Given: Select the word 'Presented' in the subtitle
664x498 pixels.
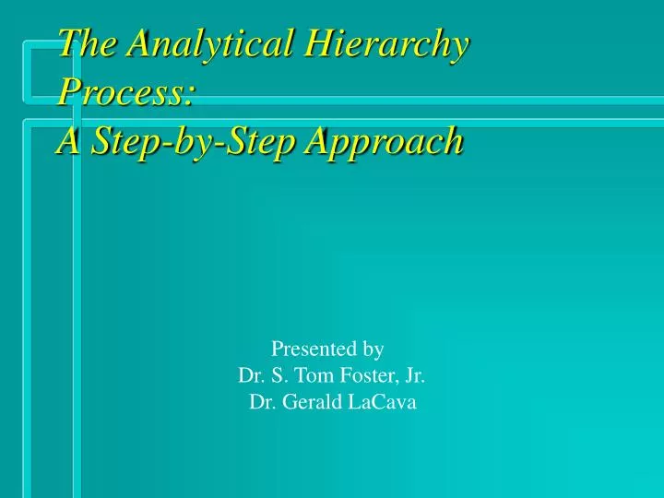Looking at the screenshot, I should click(313, 349).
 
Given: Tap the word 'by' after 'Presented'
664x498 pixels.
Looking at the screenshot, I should click(373, 350).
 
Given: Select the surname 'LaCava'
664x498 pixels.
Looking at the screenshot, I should click(383, 402).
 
